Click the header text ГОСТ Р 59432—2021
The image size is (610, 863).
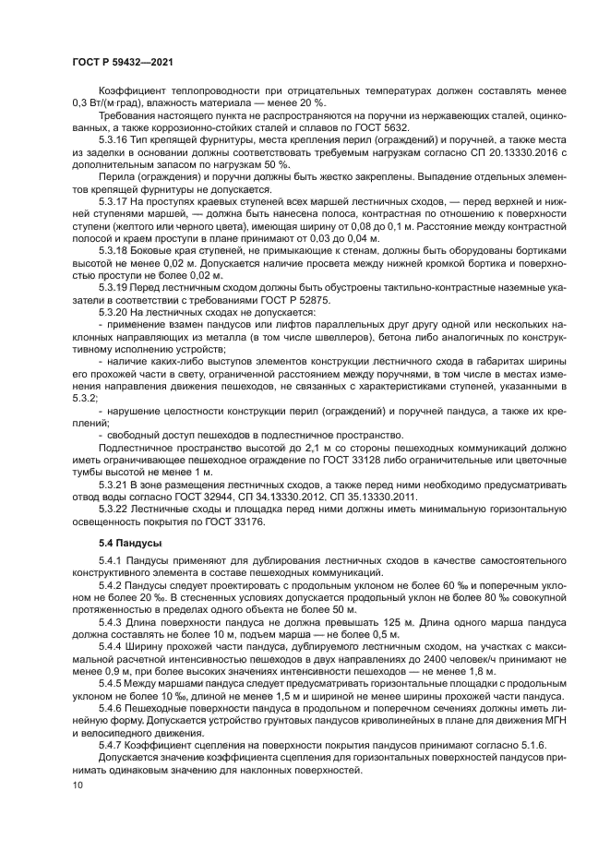click(123, 61)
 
